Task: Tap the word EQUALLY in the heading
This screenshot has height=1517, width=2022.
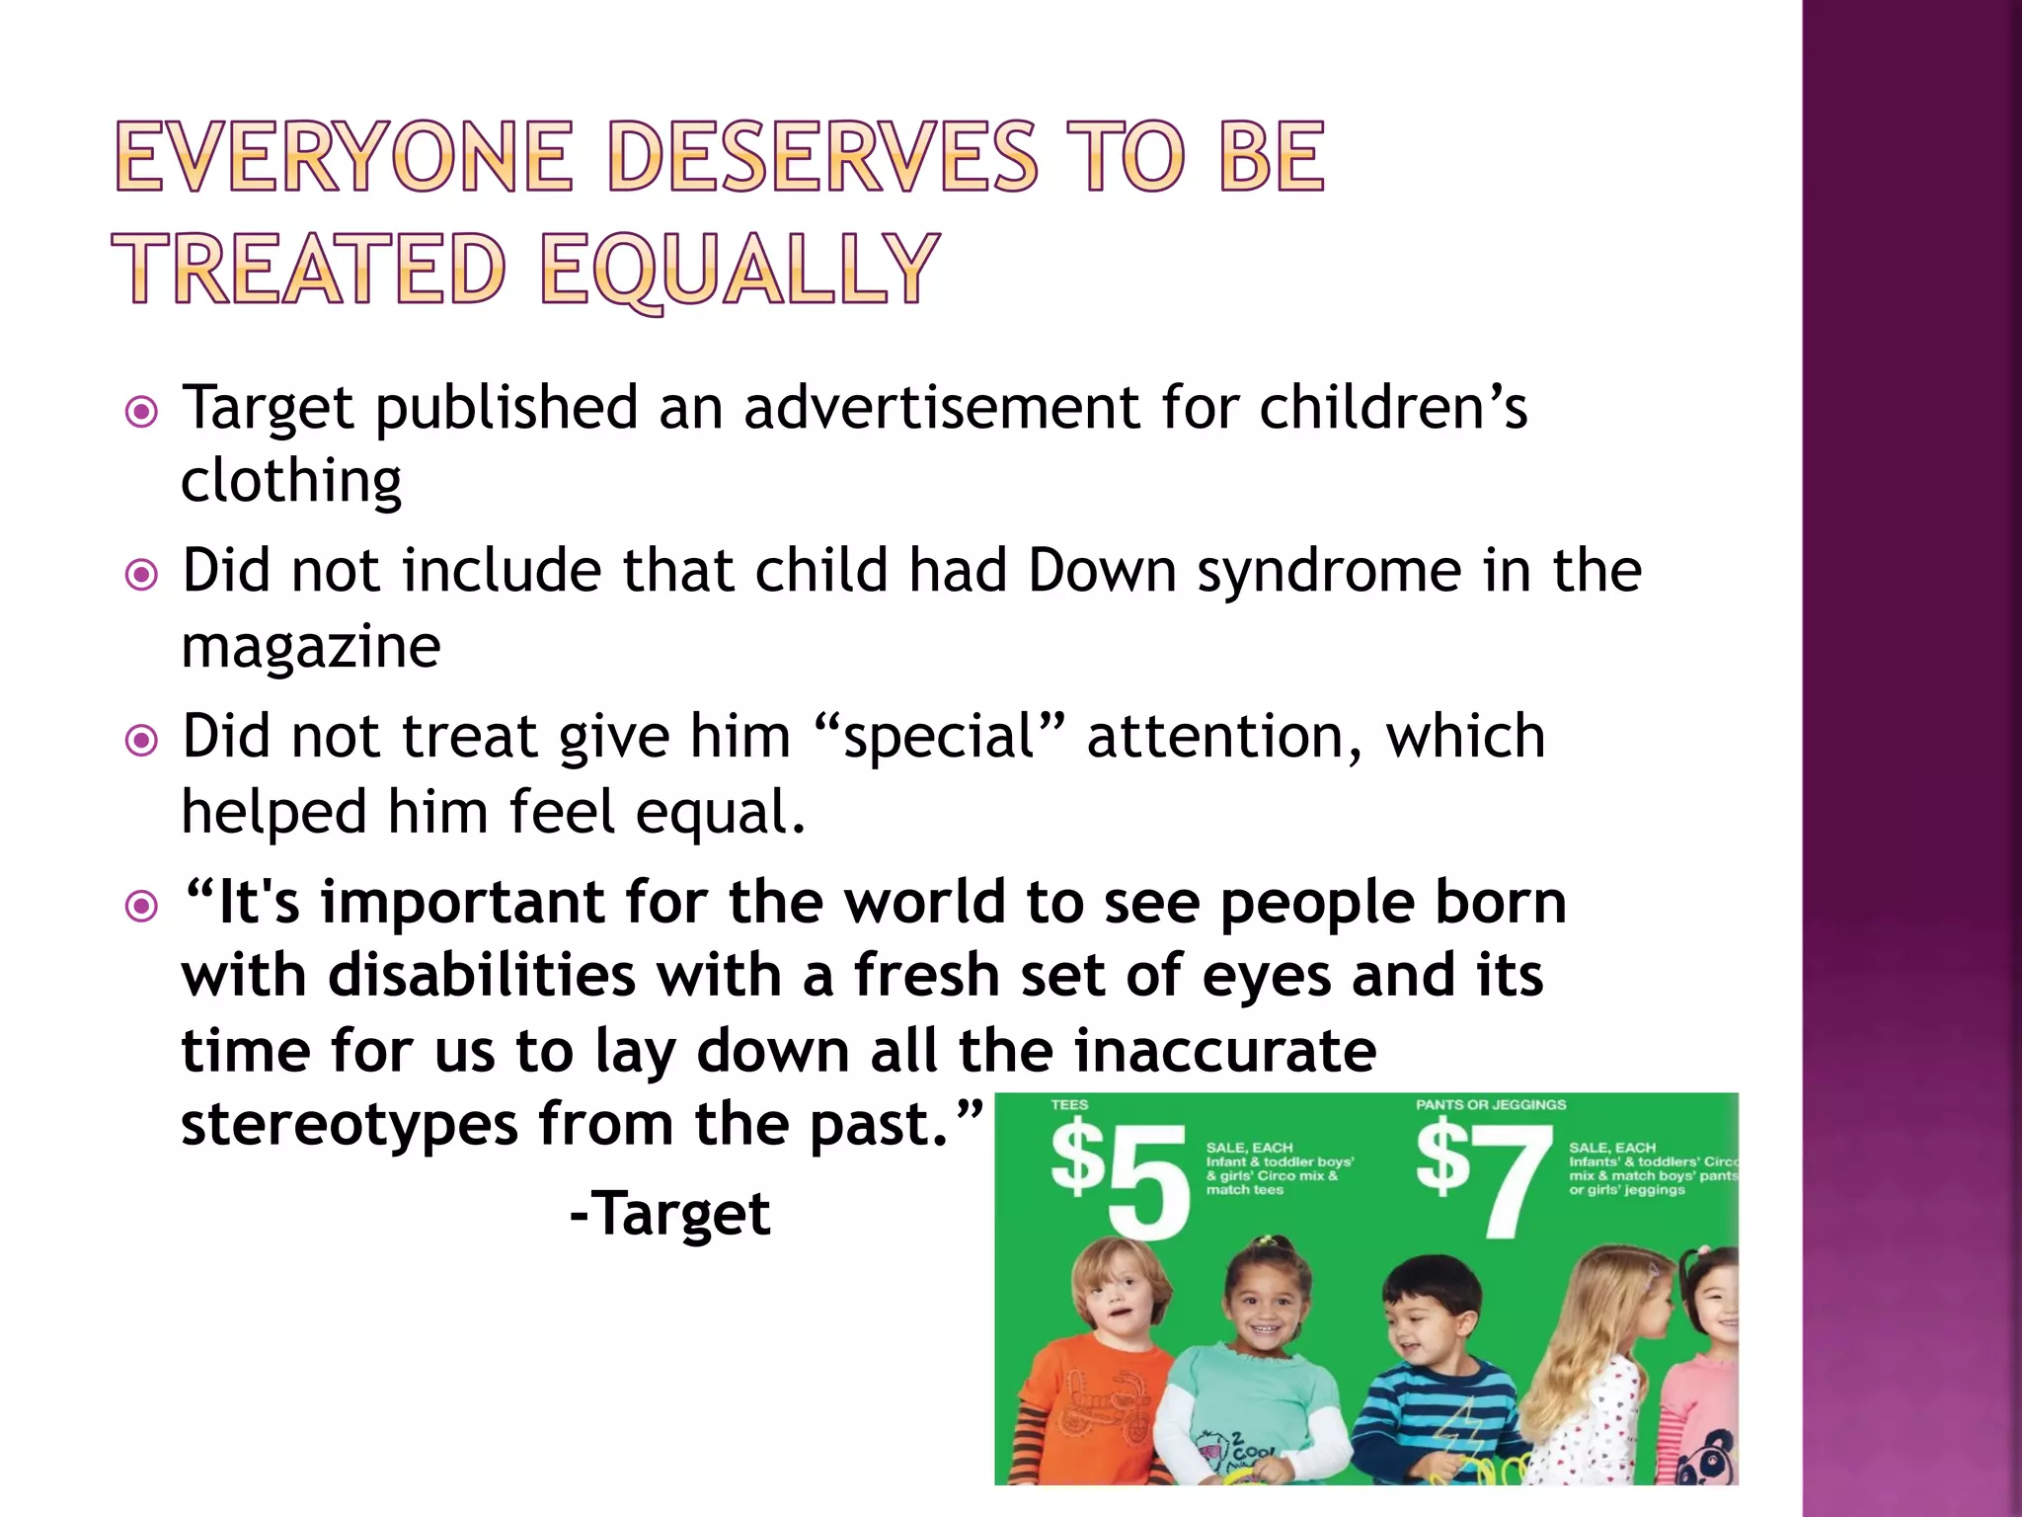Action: point(739,269)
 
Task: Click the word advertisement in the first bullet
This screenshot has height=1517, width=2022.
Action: point(941,407)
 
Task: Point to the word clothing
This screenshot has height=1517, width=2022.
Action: point(291,482)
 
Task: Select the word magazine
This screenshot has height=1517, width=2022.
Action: point(311,647)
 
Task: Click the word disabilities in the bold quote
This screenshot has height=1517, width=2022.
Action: point(482,976)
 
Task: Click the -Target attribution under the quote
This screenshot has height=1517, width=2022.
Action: point(670,1213)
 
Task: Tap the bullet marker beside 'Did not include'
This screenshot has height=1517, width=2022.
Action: point(142,575)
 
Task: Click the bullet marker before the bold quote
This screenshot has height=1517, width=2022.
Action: point(142,906)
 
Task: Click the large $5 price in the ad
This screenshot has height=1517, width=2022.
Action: point(1119,1177)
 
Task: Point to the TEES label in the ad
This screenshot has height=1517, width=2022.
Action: point(1069,1104)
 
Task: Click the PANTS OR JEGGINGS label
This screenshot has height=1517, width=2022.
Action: point(1491,1104)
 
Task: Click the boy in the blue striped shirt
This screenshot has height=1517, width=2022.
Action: point(1432,1373)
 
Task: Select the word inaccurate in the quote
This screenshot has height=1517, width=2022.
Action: point(1224,1050)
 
